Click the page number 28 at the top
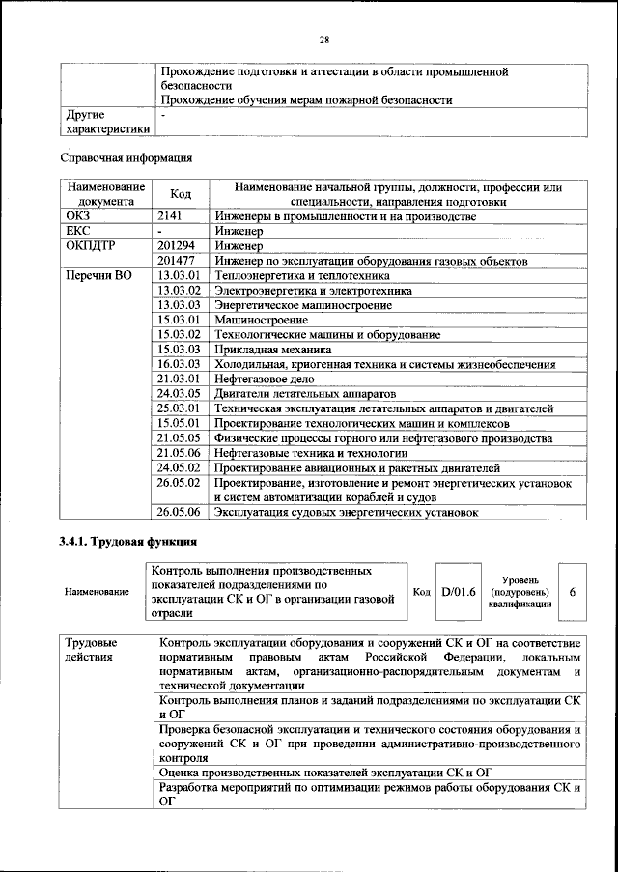click(x=324, y=40)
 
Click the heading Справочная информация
click(x=124, y=156)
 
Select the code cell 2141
click(x=170, y=217)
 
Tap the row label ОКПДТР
click(x=89, y=246)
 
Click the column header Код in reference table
click(x=180, y=194)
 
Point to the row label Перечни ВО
click(x=97, y=275)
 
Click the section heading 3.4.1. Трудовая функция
click(x=128, y=541)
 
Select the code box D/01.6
click(x=458, y=591)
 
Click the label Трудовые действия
click(x=92, y=650)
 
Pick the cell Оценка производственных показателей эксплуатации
click(x=326, y=773)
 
